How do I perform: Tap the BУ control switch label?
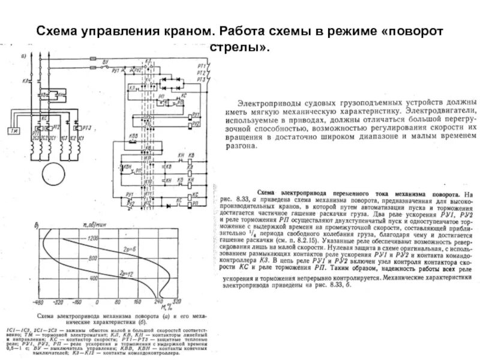[x=106, y=62]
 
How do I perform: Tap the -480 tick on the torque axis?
[x=39, y=303]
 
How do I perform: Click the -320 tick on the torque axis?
[x=58, y=303]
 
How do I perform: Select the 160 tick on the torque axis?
[x=139, y=303]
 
